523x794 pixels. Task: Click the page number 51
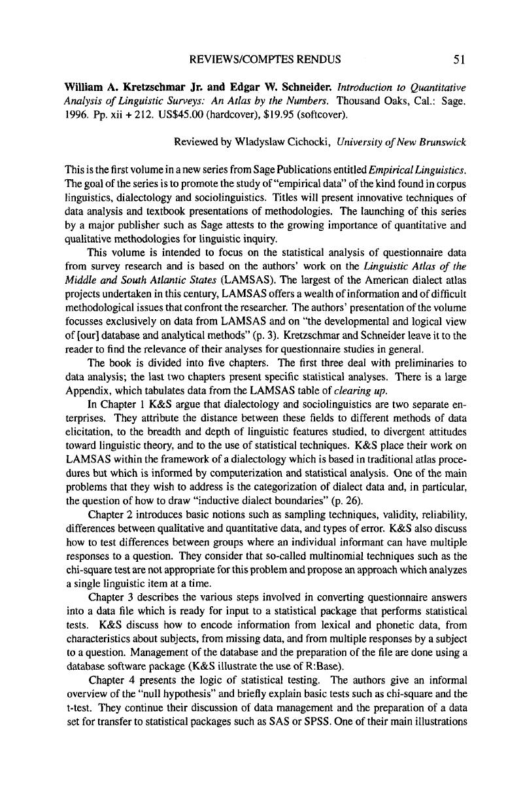point(458,60)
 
